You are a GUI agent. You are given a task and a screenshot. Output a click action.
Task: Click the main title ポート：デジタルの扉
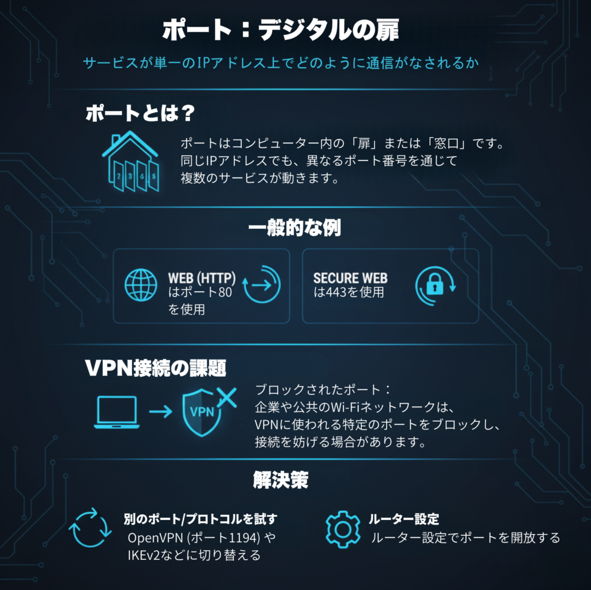(280, 31)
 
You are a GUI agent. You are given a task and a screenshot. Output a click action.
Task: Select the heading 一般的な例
(295, 228)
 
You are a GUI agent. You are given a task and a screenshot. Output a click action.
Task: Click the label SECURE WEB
(350, 278)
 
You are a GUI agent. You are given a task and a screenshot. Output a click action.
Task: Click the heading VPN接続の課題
(155, 368)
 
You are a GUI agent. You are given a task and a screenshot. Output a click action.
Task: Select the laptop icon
(116, 412)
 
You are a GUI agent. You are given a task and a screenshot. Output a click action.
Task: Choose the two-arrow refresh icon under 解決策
(90, 528)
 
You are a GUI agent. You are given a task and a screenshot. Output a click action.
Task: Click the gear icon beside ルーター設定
(343, 528)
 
